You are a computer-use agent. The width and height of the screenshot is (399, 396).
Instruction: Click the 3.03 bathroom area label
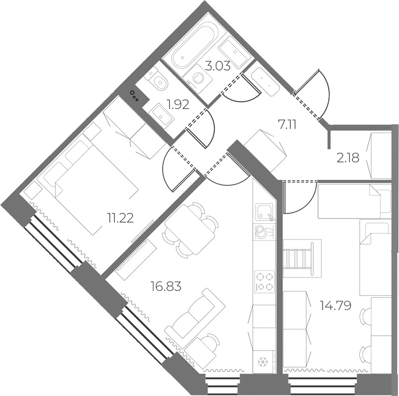[217, 66]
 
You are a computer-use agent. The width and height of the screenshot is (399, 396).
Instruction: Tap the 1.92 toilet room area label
[178, 104]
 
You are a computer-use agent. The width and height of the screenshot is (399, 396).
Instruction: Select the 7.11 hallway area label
[287, 125]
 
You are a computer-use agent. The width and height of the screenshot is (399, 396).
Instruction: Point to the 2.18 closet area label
[348, 158]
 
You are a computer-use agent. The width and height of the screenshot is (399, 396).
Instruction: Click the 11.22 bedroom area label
[120, 218]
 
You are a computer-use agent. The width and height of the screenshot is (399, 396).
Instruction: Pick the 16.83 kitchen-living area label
[166, 286]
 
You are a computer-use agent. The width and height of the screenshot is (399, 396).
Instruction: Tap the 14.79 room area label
[336, 305]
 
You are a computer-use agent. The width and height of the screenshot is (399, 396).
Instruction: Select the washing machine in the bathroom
[198, 76]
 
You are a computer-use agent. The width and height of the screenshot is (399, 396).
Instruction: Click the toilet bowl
[158, 80]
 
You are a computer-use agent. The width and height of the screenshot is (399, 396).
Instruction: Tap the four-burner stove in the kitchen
[264, 281]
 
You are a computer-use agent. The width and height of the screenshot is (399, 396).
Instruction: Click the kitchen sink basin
[264, 212]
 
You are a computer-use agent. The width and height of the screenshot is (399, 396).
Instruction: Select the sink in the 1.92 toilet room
[162, 115]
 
